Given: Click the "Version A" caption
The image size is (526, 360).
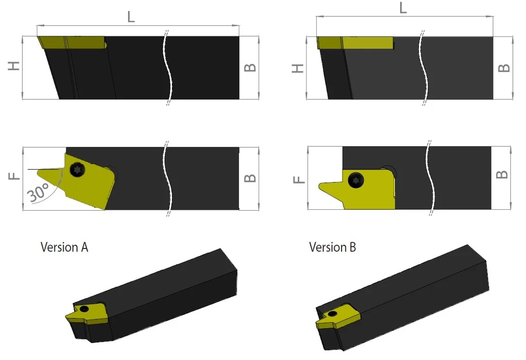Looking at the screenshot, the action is tap(64, 247).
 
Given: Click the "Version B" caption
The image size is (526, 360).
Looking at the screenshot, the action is tap(332, 247).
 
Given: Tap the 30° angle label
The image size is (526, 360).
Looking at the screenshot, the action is tap(38, 192).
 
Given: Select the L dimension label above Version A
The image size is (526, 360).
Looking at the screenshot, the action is tap(131, 17).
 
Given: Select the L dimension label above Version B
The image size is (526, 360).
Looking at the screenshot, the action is tap(403, 7).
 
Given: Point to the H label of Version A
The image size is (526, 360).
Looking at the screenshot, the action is tap(14, 66).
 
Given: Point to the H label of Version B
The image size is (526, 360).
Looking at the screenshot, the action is tap(298, 68).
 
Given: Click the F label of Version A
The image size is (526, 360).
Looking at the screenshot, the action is tap(14, 176).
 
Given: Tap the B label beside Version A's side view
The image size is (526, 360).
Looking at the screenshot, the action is tap(250, 67).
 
